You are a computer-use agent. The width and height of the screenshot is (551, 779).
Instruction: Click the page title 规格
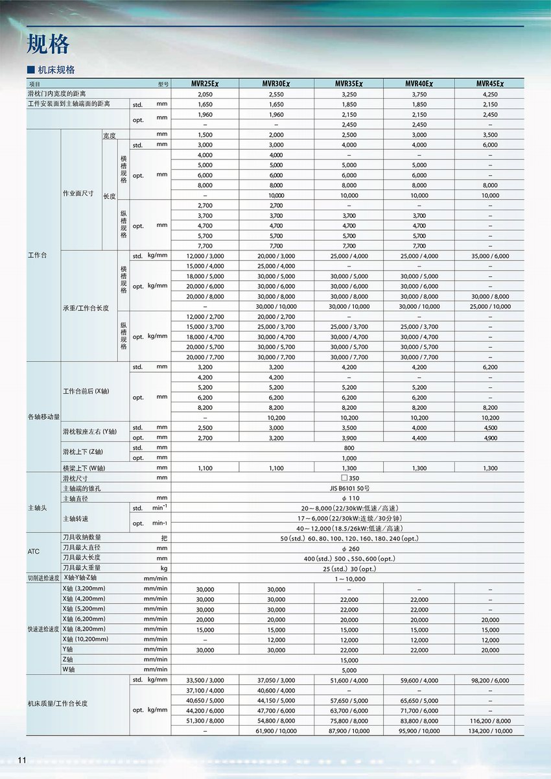(x=48, y=44)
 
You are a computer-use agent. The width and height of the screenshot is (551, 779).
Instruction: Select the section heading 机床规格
(x=55, y=70)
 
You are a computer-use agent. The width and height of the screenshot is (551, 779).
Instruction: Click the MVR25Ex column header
(x=205, y=84)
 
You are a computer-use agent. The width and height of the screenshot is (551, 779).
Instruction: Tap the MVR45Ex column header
(x=490, y=84)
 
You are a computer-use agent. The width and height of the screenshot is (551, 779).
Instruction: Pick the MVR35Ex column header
(x=349, y=84)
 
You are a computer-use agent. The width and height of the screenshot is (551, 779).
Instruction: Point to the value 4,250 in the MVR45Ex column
(x=490, y=94)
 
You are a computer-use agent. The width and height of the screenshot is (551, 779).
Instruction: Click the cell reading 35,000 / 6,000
(x=490, y=256)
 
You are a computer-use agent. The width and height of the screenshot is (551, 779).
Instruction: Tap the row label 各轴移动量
(x=43, y=416)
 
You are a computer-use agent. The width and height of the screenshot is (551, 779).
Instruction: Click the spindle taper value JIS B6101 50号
(x=349, y=488)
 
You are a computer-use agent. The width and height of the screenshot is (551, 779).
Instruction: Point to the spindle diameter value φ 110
(x=349, y=497)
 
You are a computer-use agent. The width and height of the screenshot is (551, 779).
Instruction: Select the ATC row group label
(x=34, y=551)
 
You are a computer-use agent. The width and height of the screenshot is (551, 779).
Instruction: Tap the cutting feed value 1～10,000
(x=349, y=578)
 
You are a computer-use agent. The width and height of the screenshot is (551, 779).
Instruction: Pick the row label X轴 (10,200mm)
(x=86, y=639)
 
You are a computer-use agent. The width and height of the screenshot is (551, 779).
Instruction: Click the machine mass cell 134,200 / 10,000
(x=490, y=730)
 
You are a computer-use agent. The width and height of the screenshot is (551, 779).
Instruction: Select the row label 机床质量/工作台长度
(x=57, y=703)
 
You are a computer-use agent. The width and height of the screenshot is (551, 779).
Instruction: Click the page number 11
(x=21, y=761)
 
